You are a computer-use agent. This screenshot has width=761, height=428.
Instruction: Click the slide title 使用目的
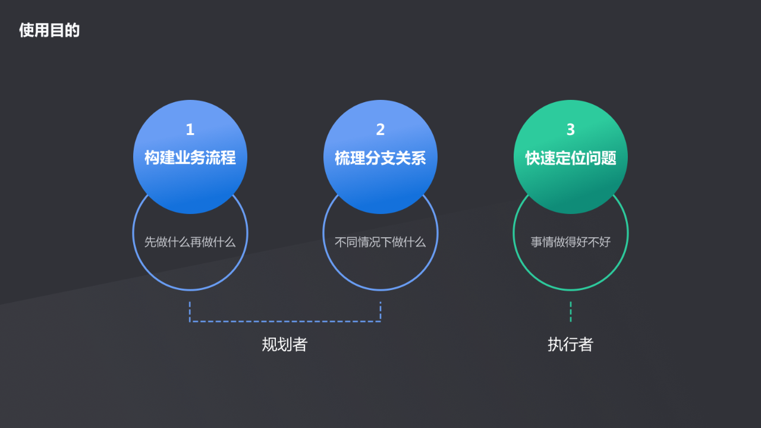(x=49, y=30)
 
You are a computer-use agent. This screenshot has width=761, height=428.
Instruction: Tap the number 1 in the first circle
(x=190, y=130)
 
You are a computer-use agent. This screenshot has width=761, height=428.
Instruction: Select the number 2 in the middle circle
(x=380, y=130)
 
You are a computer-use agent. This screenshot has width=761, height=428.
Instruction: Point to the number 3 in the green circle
(x=571, y=130)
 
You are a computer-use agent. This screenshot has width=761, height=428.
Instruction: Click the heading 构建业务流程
(x=190, y=158)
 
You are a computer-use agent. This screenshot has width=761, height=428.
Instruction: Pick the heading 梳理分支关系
(x=380, y=158)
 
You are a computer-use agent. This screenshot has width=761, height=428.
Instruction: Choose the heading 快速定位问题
(x=571, y=158)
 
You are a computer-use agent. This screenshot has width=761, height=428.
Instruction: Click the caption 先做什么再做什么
(x=190, y=242)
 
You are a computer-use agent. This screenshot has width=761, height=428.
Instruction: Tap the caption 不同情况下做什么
(x=380, y=242)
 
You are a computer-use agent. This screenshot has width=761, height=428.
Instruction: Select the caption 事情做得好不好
(x=571, y=242)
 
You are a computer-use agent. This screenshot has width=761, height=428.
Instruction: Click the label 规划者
(x=285, y=344)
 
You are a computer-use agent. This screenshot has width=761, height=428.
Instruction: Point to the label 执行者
(x=571, y=344)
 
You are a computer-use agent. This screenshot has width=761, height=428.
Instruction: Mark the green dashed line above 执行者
(x=571, y=311)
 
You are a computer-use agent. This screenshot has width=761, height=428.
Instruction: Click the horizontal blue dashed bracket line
(x=285, y=322)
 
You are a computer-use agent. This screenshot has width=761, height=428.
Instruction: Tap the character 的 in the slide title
(x=73, y=30)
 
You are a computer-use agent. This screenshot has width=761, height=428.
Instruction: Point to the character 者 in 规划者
(x=300, y=344)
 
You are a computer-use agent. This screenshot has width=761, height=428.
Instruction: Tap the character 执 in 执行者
(x=555, y=344)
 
